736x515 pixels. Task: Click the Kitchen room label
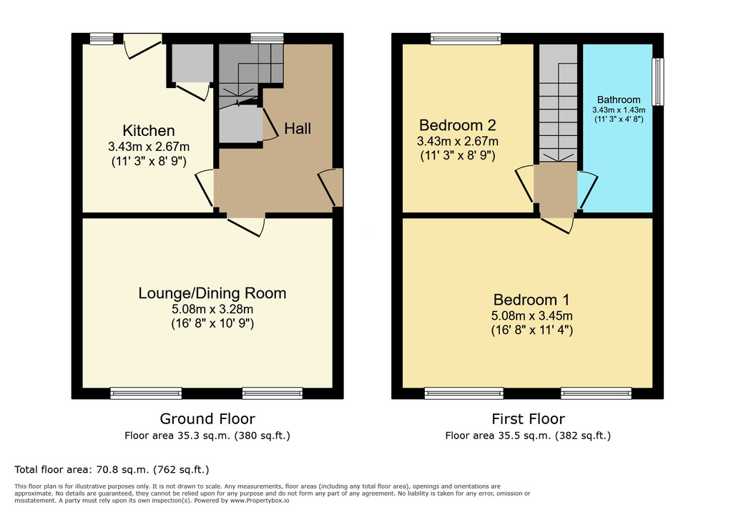149,131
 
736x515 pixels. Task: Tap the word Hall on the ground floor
298,129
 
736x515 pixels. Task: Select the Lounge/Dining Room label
212,293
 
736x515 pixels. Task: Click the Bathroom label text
619,99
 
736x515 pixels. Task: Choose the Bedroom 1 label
530,300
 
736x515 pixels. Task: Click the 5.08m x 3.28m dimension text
212,310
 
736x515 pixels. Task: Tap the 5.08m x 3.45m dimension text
530,316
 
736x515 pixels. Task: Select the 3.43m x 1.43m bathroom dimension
619,110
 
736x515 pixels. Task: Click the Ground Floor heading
207,419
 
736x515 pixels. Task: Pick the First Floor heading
527,419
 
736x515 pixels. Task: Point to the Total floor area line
112,470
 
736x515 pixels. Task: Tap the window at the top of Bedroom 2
465,39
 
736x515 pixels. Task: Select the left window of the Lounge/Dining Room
146,393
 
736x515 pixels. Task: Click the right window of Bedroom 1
596,393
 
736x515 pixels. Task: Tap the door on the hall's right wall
332,187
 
